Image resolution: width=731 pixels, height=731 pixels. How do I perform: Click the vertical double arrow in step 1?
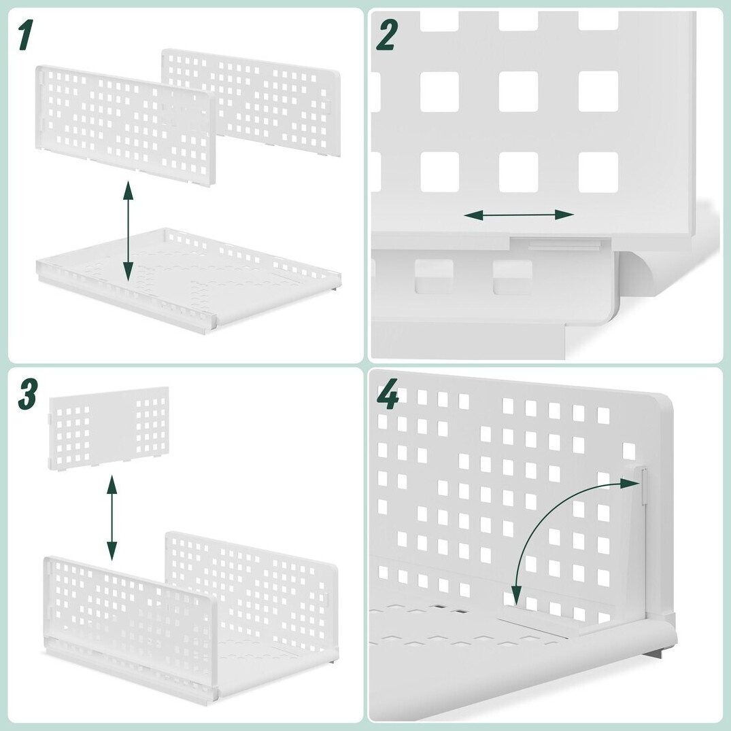click(128, 232)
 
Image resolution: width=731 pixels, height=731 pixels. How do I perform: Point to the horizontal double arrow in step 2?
click(519, 215)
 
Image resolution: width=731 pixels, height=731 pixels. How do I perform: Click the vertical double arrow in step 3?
click(112, 518)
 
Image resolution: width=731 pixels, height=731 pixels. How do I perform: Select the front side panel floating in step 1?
click(126, 126)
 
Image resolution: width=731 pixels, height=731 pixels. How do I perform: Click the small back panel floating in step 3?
click(109, 427)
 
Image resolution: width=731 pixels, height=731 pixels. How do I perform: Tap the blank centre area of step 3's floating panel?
click(113, 427)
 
